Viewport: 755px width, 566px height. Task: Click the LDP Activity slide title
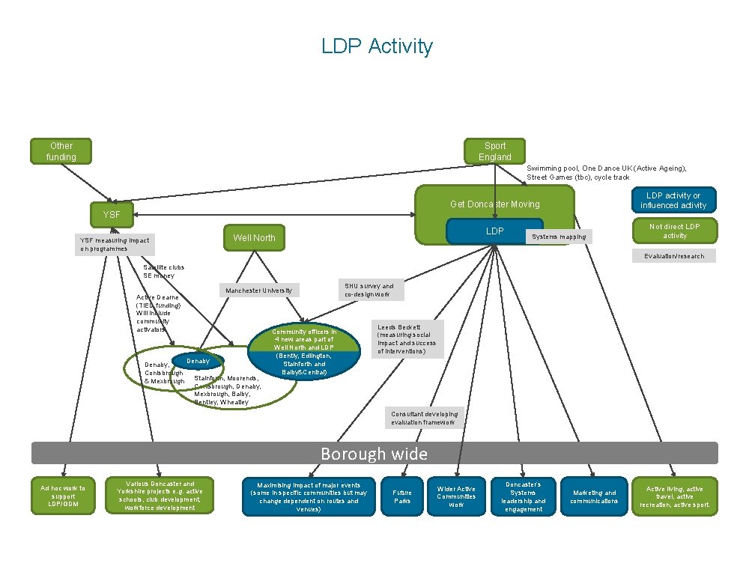point(377,46)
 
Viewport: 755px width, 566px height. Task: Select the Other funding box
point(61,151)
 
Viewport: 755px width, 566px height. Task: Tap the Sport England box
point(494,151)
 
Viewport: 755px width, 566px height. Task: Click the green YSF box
point(111,215)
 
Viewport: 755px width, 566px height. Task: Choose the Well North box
point(254,238)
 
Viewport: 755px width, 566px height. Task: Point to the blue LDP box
point(494,231)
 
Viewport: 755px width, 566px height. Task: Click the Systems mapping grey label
point(558,237)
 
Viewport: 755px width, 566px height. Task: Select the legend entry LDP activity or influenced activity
point(674,201)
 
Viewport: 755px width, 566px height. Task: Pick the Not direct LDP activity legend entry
point(674,231)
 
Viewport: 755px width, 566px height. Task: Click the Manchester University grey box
point(260,290)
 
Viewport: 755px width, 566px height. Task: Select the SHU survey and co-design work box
point(369,290)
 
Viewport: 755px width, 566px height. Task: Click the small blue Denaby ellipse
point(198,362)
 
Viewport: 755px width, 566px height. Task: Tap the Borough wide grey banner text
point(374,454)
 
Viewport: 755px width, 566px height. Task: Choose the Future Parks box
point(402,497)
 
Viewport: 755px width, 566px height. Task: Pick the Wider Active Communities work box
point(455,497)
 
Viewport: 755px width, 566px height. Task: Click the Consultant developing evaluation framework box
point(424,419)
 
